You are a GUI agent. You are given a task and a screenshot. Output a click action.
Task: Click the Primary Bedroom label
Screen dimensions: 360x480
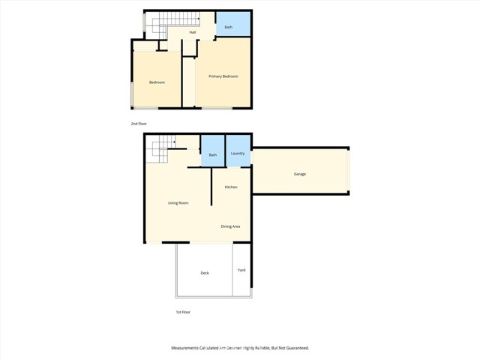(223, 76)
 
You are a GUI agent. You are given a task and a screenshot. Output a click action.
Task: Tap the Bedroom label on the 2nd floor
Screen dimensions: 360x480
(157, 82)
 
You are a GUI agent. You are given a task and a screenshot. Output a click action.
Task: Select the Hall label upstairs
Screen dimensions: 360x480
(193, 32)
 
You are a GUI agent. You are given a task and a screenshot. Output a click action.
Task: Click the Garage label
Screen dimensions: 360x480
(299, 174)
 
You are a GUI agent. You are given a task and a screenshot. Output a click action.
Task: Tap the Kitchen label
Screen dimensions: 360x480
(231, 187)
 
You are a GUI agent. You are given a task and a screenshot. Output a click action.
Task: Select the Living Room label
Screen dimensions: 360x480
(178, 203)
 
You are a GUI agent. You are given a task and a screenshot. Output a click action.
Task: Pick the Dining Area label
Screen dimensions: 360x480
(230, 226)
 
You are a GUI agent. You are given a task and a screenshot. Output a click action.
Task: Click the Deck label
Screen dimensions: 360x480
(205, 273)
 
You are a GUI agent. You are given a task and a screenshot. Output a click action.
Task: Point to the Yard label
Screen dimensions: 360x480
(241, 270)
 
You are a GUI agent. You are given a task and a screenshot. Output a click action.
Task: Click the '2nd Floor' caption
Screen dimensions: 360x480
(138, 123)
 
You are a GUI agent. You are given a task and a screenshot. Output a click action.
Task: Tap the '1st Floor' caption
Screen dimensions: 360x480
(183, 312)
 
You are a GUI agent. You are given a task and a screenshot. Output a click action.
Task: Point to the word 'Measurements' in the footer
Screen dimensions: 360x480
(187, 348)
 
